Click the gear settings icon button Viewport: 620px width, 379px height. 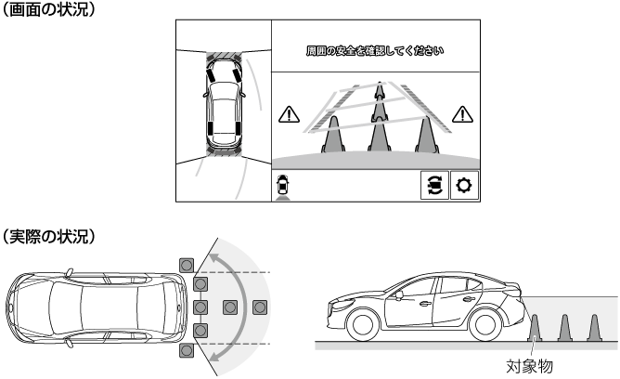coord(464,185)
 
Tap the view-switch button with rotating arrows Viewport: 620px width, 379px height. coord(434,185)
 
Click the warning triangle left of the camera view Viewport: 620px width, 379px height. coord(289,114)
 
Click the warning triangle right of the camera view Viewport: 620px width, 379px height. coord(462,114)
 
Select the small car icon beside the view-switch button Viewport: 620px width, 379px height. coord(283,187)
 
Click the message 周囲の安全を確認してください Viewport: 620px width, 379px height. coord(375,51)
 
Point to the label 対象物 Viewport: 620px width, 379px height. coord(529,366)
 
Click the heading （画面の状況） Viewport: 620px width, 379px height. coord(48,9)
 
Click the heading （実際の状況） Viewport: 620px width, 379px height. coord(48,236)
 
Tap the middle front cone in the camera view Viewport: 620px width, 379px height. coord(380,135)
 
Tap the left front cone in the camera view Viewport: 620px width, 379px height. coord(333,135)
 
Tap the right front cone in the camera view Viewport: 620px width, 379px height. coord(426,135)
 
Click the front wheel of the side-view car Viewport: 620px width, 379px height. coord(363,324)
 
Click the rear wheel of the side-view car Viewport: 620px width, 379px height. coord(485,324)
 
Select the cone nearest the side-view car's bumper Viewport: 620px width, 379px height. coord(535,328)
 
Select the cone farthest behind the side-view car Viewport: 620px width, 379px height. coord(594,328)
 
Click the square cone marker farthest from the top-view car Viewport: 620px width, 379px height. coord(260,307)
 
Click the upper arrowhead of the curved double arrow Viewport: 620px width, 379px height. coord(213,259)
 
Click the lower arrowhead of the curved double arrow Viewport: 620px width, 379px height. coord(214,356)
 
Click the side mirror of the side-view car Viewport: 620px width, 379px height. coord(399,294)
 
